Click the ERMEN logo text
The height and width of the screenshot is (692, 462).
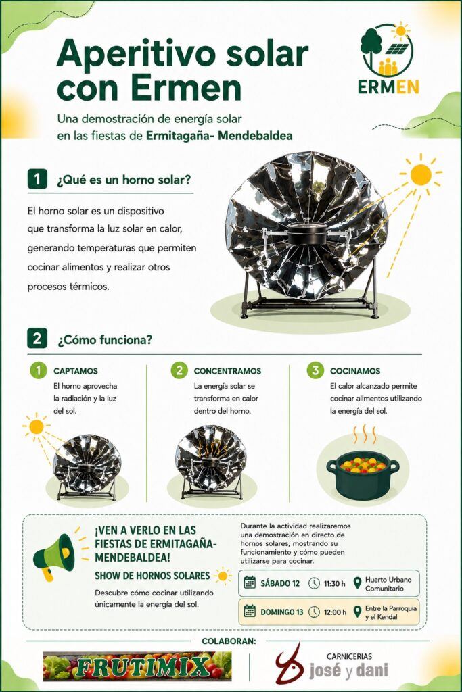pyautogui.click(x=388, y=87)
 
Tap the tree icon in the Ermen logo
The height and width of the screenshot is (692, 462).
pyautogui.click(x=371, y=42)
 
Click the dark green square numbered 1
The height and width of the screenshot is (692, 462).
pyautogui.click(x=37, y=179)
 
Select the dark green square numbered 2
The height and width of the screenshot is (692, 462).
pyautogui.click(x=37, y=339)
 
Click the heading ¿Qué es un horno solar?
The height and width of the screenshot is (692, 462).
pyautogui.click(x=124, y=180)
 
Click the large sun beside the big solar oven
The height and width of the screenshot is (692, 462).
pyautogui.click(x=420, y=174)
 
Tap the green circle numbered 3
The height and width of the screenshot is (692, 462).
pyautogui.click(x=315, y=370)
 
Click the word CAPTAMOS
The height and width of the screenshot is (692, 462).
pyautogui.click(x=76, y=371)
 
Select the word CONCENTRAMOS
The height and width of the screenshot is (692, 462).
pyautogui.click(x=227, y=371)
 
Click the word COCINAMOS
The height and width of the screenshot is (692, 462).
pyautogui.click(x=355, y=371)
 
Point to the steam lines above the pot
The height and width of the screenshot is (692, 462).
pyautogui.click(x=363, y=434)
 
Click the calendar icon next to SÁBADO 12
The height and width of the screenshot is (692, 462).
pyautogui.click(x=250, y=583)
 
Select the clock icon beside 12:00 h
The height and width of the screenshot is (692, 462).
pyautogui.click(x=314, y=612)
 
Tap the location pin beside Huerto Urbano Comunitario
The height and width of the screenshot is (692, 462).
pyautogui.click(x=358, y=583)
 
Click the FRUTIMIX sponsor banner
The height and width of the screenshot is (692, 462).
pyautogui.click(x=137, y=666)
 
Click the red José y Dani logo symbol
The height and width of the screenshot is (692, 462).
pyautogui.click(x=290, y=665)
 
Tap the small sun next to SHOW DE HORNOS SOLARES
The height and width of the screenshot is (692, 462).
pyautogui.click(x=223, y=576)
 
